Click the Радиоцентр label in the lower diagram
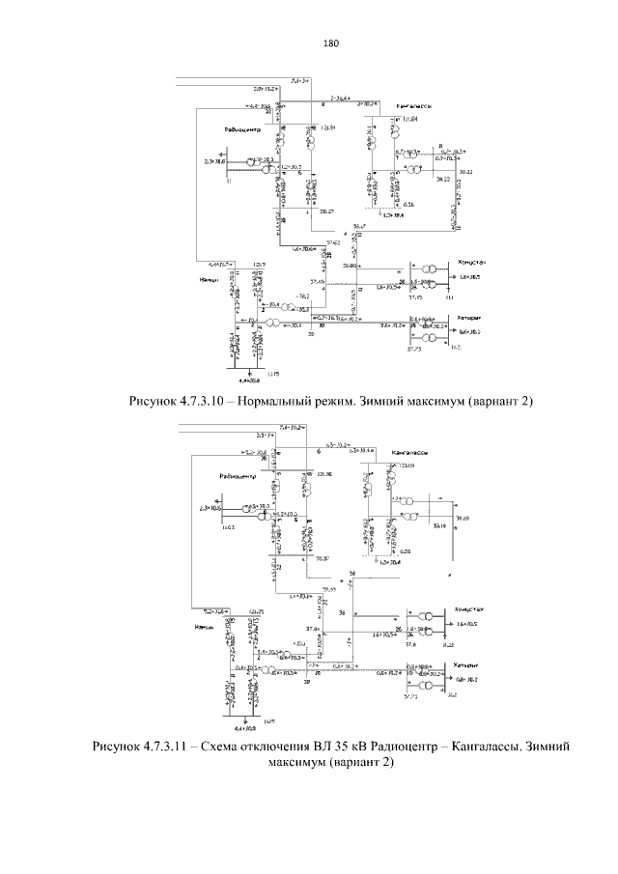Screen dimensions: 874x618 237,475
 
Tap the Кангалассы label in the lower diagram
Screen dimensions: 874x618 409,452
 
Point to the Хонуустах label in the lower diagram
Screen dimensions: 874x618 463,610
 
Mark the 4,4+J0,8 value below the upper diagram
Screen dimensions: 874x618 249,382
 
